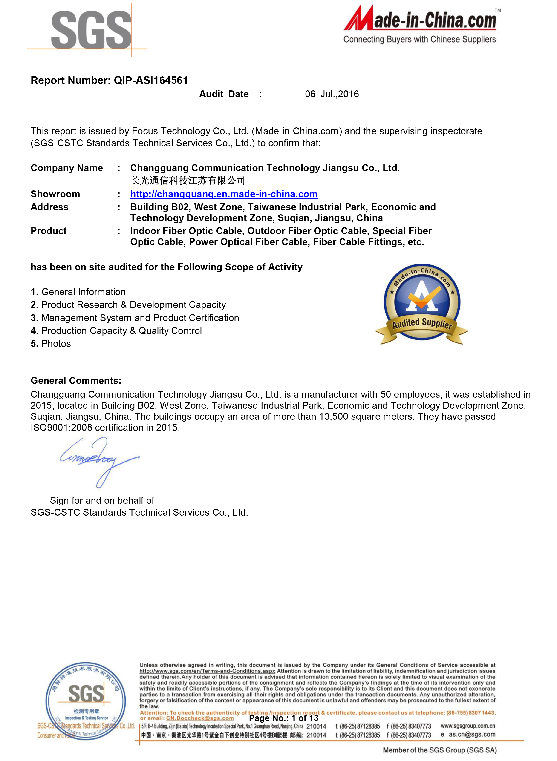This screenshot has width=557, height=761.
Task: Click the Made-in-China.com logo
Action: (x=420, y=24)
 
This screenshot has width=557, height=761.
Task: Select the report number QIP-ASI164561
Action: (x=151, y=80)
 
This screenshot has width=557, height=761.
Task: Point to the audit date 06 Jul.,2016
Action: (x=332, y=94)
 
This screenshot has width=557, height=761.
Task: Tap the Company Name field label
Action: (x=67, y=168)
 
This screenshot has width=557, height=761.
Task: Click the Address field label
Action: (x=49, y=207)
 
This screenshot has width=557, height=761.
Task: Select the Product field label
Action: (x=49, y=231)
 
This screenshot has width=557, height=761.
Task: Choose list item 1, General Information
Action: (x=78, y=292)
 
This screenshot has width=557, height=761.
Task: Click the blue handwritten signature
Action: (x=99, y=460)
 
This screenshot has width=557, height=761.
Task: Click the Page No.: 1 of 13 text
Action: (x=283, y=718)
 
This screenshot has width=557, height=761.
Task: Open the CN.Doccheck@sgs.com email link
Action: (x=200, y=718)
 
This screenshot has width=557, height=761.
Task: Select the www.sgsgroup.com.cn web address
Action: (x=468, y=726)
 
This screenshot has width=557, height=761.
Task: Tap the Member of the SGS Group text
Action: (x=440, y=750)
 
